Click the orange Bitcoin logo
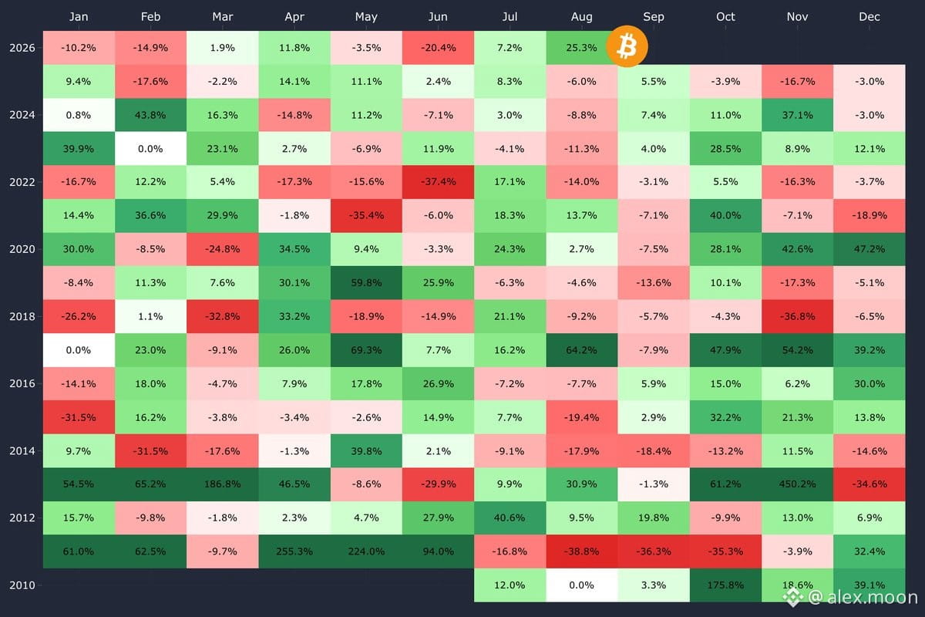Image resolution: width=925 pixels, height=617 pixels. pos(627,46)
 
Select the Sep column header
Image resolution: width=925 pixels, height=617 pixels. pos(654,17)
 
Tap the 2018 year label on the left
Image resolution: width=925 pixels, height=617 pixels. pos(22,316)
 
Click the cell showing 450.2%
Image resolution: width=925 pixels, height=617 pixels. pos(797,484)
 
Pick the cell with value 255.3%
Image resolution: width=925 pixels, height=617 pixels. pos(294,551)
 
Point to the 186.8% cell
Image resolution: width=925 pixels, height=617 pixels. pos(223,484)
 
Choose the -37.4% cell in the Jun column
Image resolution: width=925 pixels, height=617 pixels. pos(438,182)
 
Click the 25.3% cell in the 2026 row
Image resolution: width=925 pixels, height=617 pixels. pos(581,48)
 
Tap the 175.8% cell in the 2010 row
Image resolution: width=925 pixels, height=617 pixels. pos(725,585)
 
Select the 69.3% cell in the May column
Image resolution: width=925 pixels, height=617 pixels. pos(366,350)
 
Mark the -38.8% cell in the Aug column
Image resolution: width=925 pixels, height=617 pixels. pos(581,551)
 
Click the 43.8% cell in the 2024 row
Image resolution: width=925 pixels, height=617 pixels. pos(151,115)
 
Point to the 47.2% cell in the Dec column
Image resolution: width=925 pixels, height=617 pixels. pos(869,249)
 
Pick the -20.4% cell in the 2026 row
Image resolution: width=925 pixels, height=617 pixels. pos(438,48)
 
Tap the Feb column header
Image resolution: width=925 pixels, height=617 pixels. pos(150,17)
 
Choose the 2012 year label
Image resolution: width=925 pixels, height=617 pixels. pos(22,518)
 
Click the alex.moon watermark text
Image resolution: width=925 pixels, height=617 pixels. pos(863,598)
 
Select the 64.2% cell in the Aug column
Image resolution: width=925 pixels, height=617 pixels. pos(581,350)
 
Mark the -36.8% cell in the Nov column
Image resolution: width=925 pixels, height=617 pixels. pos(797,316)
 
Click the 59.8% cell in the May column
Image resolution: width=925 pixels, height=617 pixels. pos(366,283)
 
